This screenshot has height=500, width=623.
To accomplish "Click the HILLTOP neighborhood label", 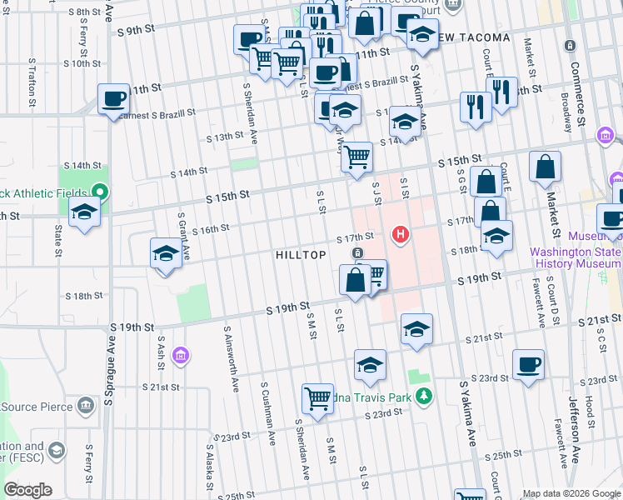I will click(301, 255).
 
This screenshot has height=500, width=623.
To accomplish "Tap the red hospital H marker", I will click(401, 235).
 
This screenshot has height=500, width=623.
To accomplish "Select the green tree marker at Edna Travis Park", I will click(425, 395).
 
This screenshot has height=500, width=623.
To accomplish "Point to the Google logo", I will click(27, 490).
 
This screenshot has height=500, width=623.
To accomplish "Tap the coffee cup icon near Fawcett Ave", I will click(529, 365).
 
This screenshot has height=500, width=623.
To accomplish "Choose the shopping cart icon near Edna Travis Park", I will click(317, 399).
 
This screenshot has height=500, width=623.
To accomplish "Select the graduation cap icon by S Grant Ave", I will click(166, 254).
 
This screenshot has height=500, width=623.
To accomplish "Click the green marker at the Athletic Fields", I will click(100, 192).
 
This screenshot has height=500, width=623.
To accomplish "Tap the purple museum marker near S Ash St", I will click(180, 357).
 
